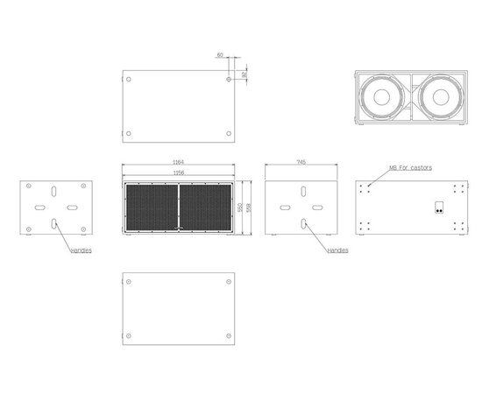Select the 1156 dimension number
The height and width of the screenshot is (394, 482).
pos(178,172)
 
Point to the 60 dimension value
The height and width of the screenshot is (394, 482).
pos(219,54)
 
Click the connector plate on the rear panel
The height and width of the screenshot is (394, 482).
pos(437,208)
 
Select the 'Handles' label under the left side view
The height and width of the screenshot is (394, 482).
pos(82,250)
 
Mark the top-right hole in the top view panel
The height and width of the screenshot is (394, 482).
pos(229,79)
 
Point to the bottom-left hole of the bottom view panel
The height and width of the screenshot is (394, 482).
pos(128,336)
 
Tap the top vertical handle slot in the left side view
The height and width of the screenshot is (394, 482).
pos(55,192)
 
